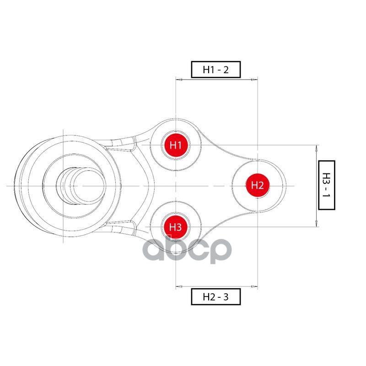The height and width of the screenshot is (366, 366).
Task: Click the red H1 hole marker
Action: pos(176,145)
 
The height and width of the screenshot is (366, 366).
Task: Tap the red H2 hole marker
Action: pos(258,186)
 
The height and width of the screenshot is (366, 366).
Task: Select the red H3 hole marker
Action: pos(176,227)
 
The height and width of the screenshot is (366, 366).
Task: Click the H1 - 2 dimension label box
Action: pos(216,70)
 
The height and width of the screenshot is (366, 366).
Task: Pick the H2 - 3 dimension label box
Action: pos(216,296)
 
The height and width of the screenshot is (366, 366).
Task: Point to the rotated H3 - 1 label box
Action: pos(327,185)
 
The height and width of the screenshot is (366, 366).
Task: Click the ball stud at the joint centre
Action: pos(81,186)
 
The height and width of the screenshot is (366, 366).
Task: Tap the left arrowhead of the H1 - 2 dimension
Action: pos(179,80)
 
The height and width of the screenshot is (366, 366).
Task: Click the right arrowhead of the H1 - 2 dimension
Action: pos(254,80)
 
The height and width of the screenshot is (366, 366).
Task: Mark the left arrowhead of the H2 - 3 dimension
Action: pos(179,286)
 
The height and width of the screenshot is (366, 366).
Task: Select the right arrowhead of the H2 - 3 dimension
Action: pos(254,286)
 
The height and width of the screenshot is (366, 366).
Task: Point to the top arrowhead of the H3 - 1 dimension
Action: pos(317,148)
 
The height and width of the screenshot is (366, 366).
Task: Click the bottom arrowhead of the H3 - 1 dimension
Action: pos(317,223)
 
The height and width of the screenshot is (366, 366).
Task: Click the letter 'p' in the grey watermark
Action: pos(221,251)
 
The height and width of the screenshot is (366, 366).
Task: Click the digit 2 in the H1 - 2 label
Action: pos(226,70)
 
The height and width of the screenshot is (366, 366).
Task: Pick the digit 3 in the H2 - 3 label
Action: pos(226,297)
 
